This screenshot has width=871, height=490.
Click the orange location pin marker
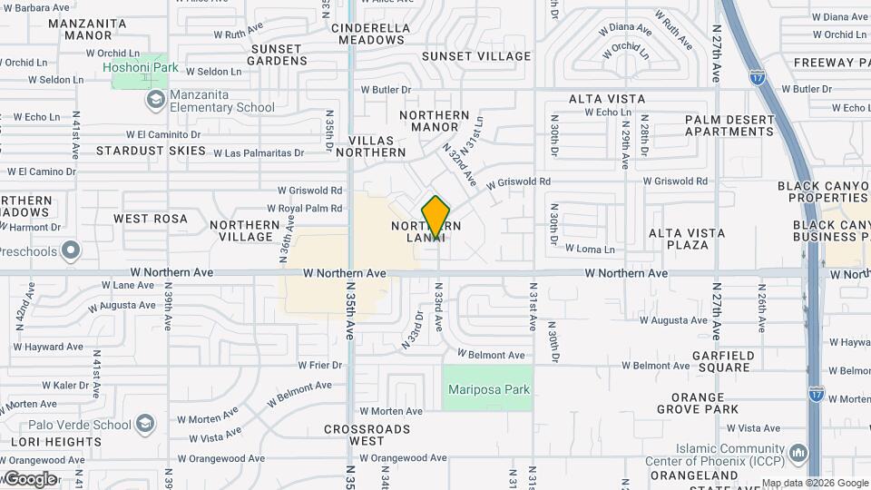coord(436,216)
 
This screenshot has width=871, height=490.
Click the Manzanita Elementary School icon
coord(156,98)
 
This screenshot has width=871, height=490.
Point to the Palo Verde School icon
coord(144,425)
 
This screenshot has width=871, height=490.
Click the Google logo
coord(30,478)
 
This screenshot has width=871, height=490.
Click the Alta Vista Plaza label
coord(686,239)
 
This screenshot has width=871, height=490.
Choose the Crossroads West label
coord(355,435)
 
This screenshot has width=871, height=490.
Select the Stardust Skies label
coord(151,151)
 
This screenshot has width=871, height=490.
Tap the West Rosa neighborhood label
coord(151,219)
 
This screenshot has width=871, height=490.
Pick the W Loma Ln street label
coord(590,249)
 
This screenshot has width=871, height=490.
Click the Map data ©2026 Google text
coord(814,483)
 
